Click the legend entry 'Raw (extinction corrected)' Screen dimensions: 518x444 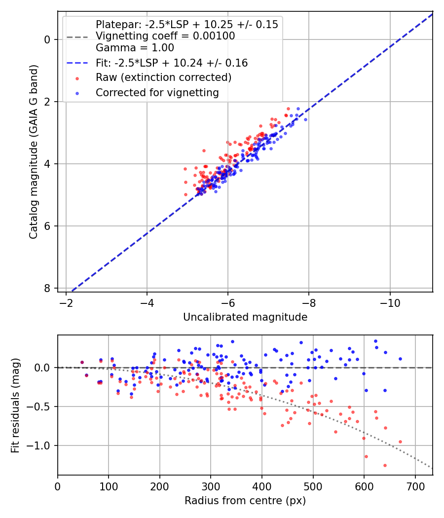point(163,77)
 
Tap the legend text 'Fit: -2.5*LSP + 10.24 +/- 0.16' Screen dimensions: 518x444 point(172,63)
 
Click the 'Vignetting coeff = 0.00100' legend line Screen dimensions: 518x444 point(165,36)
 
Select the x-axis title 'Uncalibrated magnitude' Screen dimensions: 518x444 point(245,317)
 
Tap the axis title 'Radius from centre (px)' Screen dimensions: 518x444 point(245,501)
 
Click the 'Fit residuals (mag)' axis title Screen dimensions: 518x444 point(16,405)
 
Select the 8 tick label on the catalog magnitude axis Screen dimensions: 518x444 point(48,288)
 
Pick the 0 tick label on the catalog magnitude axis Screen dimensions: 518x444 point(48,39)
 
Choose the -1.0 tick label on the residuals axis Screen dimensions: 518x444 point(41,445)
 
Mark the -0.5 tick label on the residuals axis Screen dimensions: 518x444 point(41,407)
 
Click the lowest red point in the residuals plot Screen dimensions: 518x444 point(385,465)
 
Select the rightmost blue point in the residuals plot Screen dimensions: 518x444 point(400,359)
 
